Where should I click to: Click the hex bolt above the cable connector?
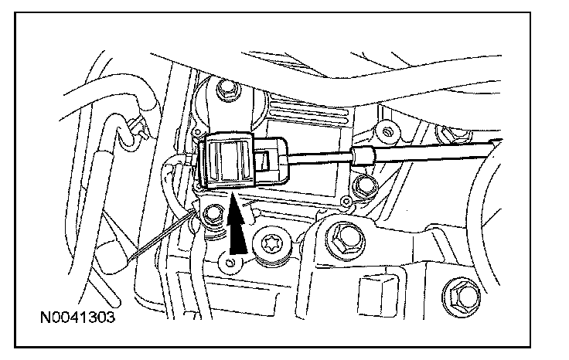(226, 91)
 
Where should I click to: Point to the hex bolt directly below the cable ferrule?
(363, 185)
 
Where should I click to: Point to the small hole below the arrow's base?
(228, 266)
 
